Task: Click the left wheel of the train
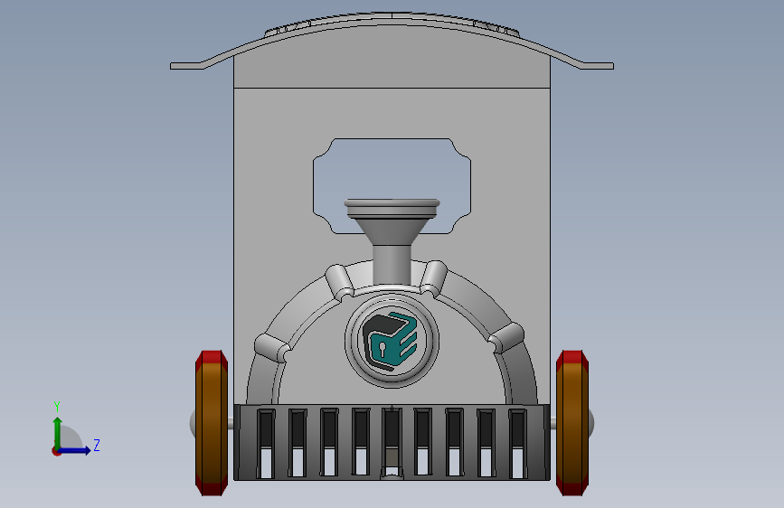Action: [211, 423]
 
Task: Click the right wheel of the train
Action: [572, 423]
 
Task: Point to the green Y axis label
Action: [57, 407]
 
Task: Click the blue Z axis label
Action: [97, 445]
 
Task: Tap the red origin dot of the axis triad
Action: [56, 451]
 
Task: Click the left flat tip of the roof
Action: [186, 66]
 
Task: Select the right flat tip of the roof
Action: [598, 66]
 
